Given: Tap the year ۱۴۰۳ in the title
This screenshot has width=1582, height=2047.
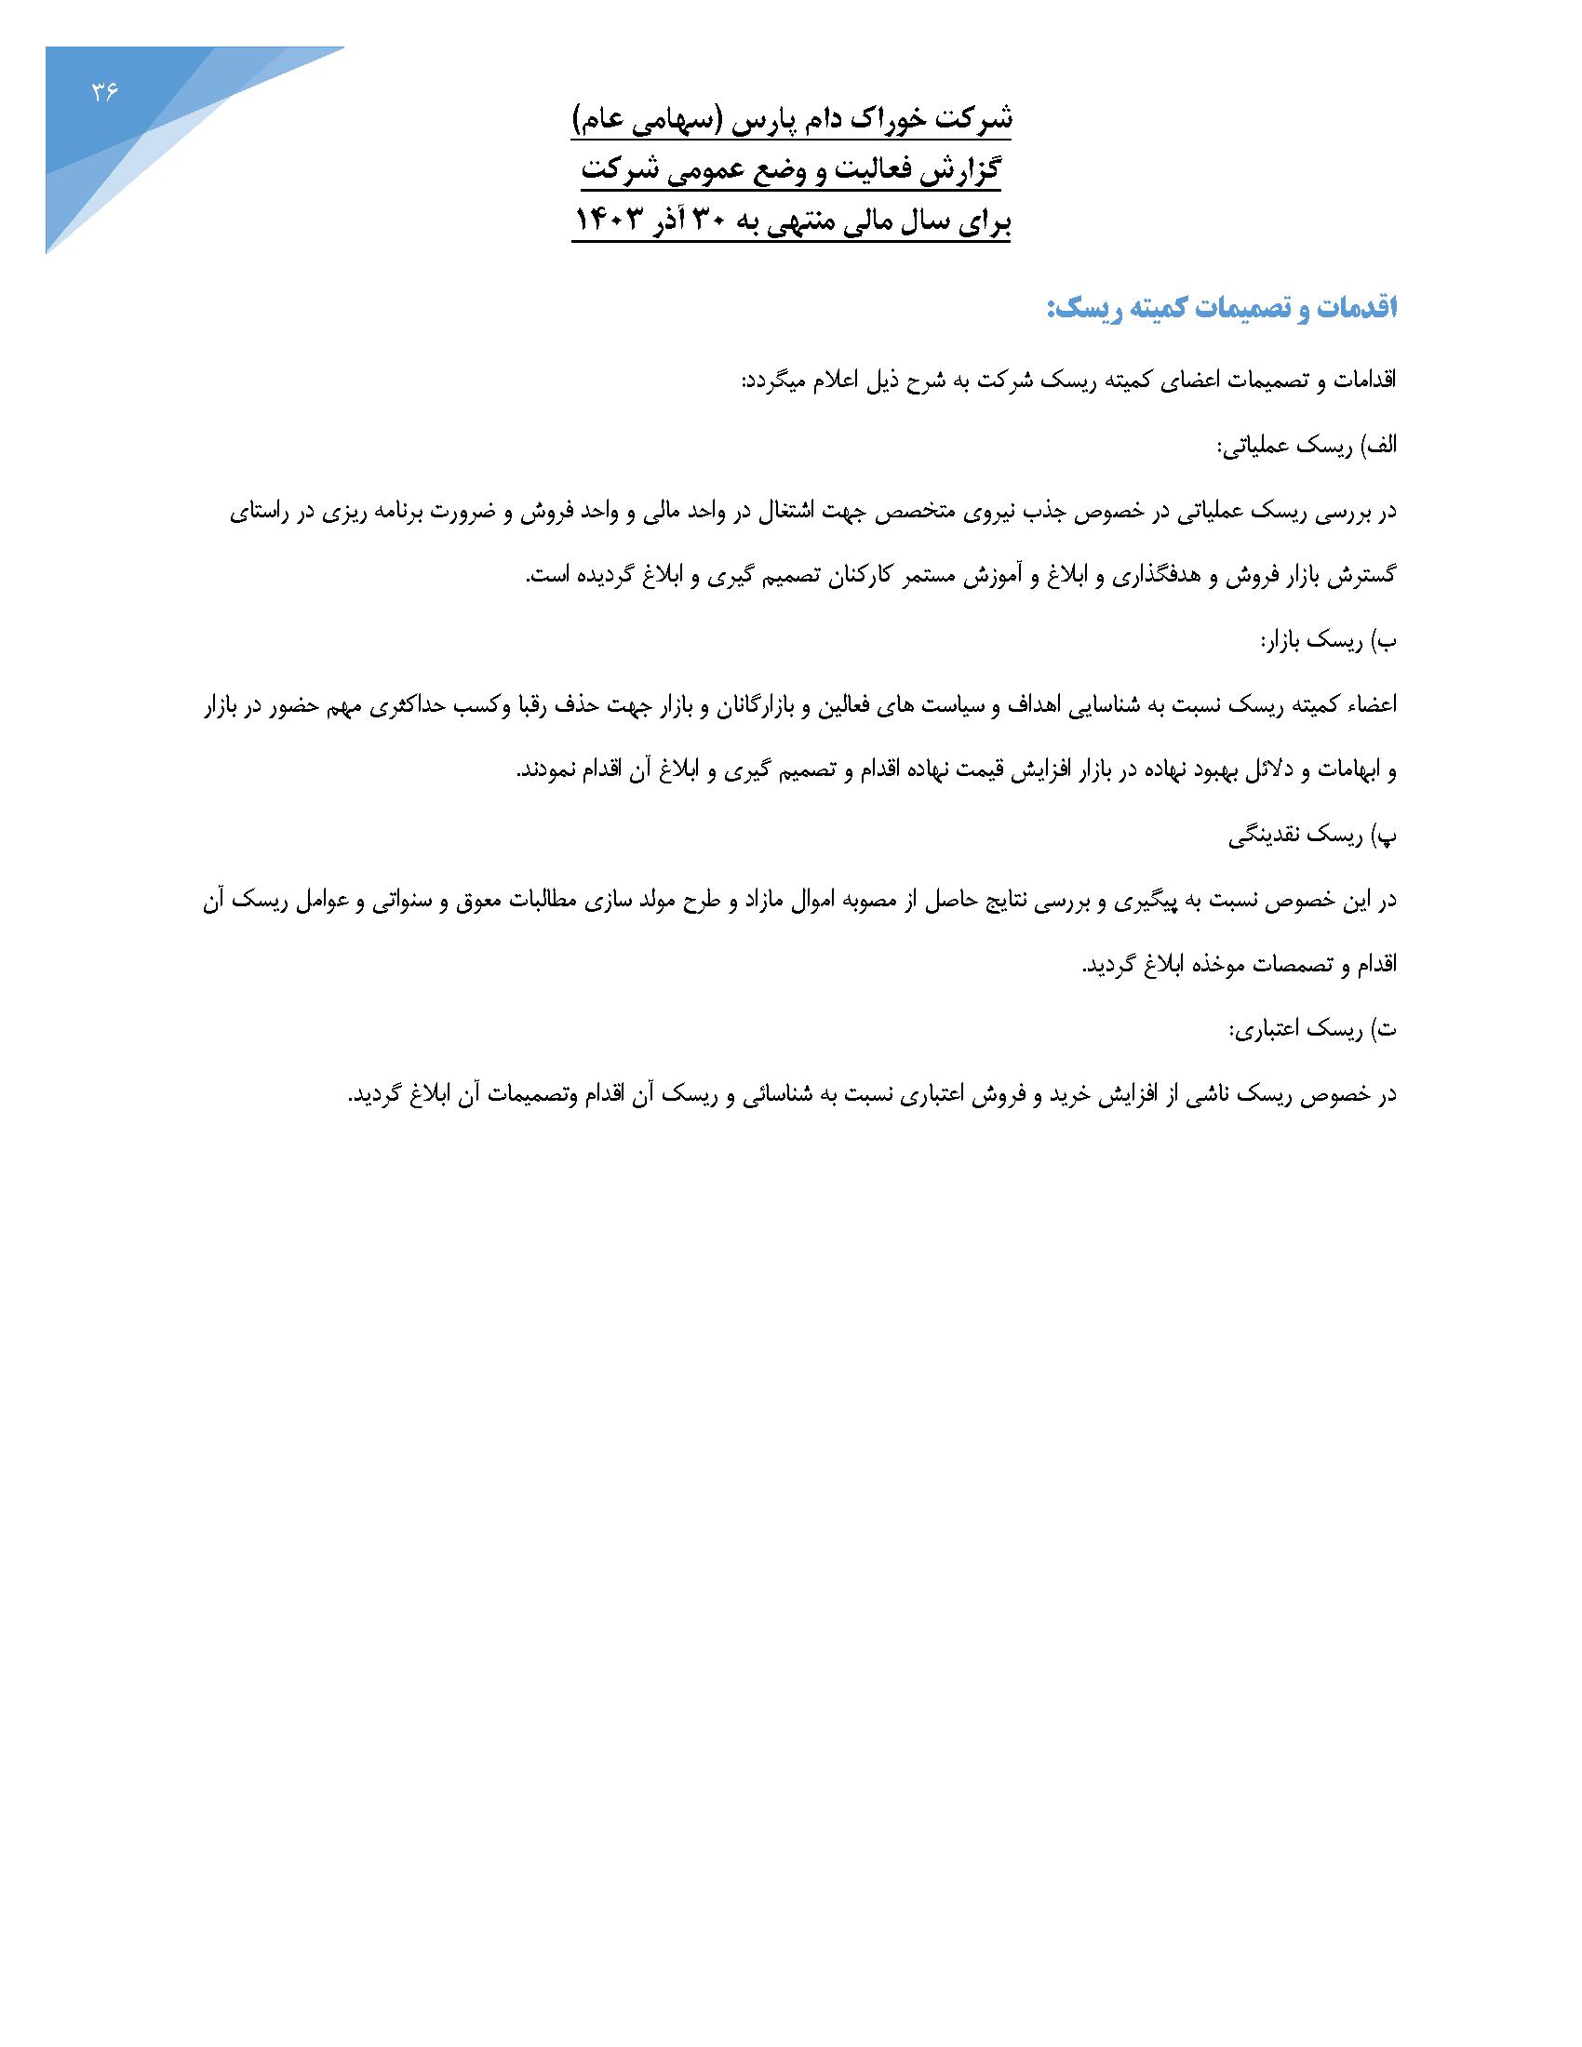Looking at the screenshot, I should [x=612, y=223].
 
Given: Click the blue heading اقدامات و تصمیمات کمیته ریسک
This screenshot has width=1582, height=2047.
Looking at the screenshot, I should [x=1221, y=308].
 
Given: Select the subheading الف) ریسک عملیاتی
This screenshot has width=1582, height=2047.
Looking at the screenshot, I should [x=1306, y=446].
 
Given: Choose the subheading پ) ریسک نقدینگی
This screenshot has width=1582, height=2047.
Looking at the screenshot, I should [x=1312, y=836].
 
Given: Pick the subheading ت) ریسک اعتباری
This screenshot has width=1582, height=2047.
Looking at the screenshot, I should [x=1312, y=1030].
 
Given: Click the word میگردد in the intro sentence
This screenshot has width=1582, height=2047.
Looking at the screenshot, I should [x=775, y=381].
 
